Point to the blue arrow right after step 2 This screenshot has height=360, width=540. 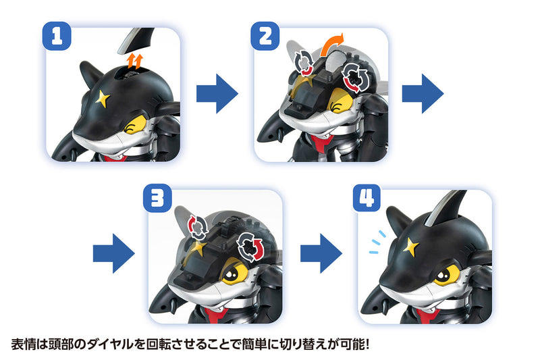click(423, 93)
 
